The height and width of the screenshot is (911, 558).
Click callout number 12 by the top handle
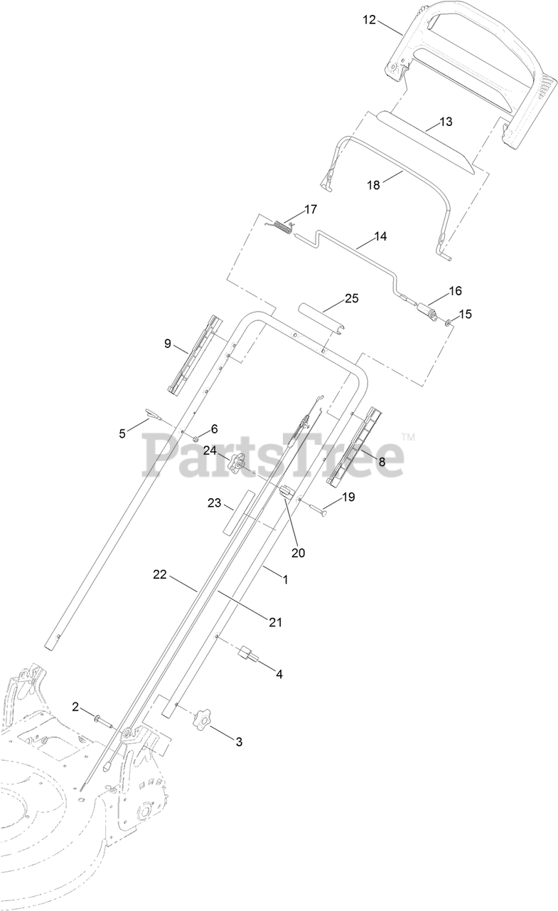click(x=369, y=19)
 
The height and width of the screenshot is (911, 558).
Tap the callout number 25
click(x=352, y=298)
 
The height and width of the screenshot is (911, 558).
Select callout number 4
click(x=279, y=673)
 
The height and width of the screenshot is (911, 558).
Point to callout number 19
click(x=348, y=497)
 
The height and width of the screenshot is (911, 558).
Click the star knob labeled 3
click(x=204, y=719)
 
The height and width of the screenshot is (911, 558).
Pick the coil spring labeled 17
click(x=282, y=228)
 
